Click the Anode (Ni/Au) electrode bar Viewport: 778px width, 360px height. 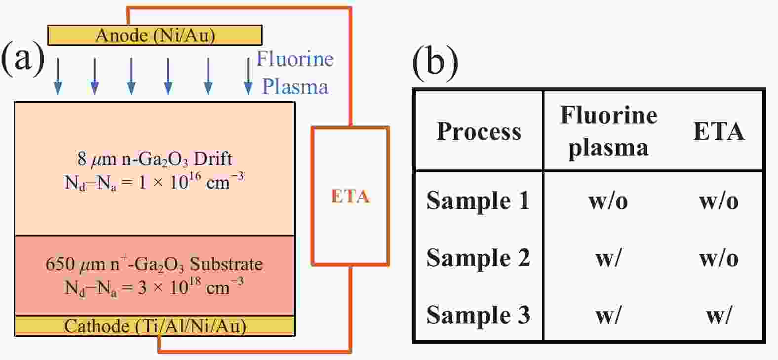pyautogui.click(x=155, y=35)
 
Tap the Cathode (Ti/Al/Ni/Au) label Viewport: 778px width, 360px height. pyautogui.click(x=155, y=326)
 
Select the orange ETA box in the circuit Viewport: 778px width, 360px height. pyautogui.click(x=350, y=196)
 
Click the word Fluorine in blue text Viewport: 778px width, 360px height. pyautogui.click(x=295, y=59)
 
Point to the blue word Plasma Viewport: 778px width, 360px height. pyautogui.click(x=295, y=86)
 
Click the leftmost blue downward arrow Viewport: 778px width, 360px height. pyautogui.click(x=58, y=76)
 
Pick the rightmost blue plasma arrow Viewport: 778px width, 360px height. pyautogui.click(x=248, y=76)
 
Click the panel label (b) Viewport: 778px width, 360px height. pyautogui.click(x=434, y=63)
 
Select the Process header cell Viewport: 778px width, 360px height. pyautogui.click(x=479, y=131)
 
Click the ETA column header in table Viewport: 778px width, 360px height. pyautogui.click(x=718, y=131)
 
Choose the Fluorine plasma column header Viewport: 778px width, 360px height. pyautogui.click(x=608, y=131)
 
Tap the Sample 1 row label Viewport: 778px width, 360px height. pyautogui.click(x=478, y=200)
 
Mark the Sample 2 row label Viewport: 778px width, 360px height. pyautogui.click(x=478, y=258)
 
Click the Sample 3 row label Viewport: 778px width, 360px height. pyautogui.click(x=478, y=315)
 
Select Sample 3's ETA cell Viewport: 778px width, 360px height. pyautogui.click(x=718, y=315)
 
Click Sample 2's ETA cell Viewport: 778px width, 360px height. pyautogui.click(x=718, y=258)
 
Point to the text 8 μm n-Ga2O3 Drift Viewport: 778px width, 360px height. pyautogui.click(x=155, y=159)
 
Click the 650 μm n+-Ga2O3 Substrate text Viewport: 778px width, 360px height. pyautogui.click(x=154, y=264)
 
